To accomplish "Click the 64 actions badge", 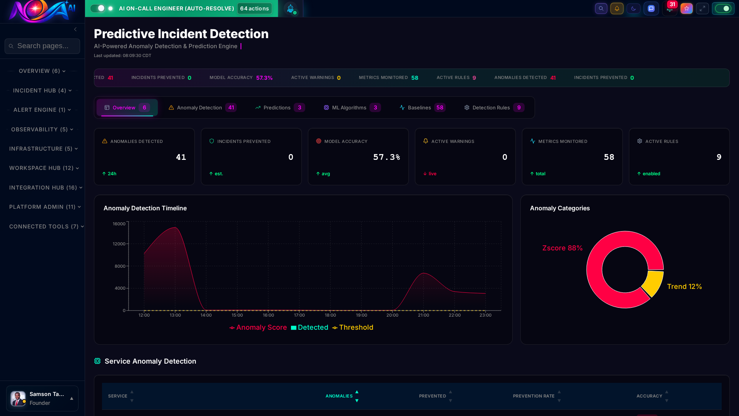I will [254, 8].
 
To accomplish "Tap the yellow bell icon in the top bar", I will [617, 8].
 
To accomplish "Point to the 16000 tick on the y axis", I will [119, 224].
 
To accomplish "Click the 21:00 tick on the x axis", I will [423, 315].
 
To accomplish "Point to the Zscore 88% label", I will [562, 248].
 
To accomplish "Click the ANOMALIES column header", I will [339, 396].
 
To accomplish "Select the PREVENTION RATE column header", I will [533, 396].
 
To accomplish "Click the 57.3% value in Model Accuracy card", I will [386, 157].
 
